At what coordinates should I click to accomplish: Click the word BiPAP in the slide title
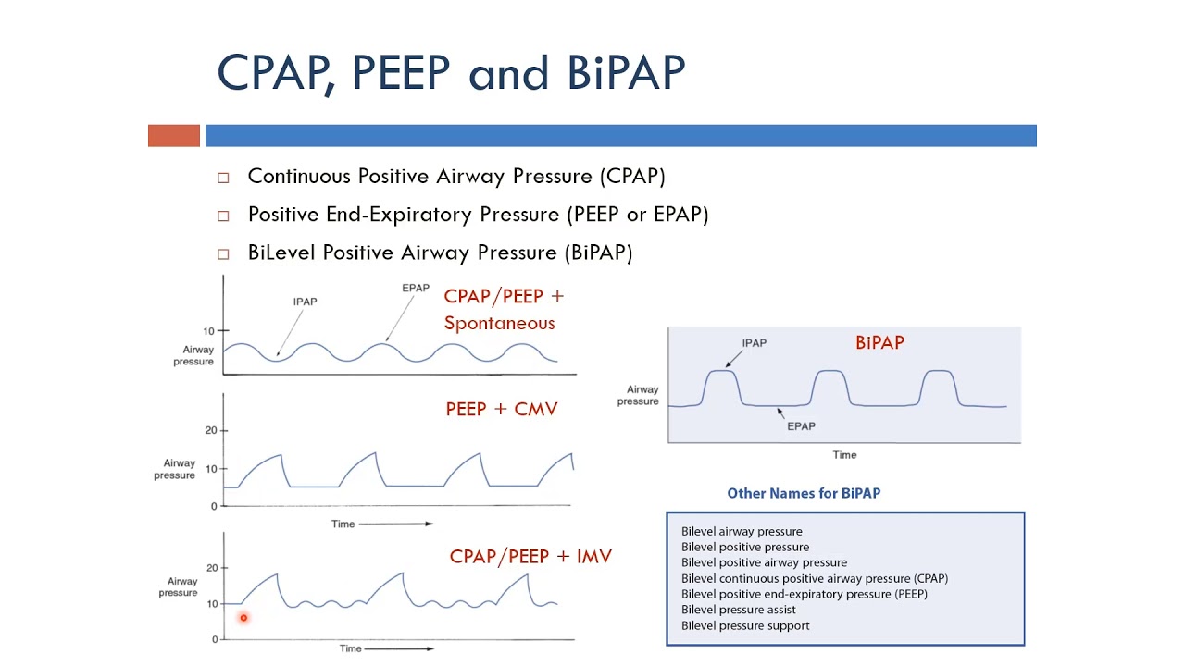click(626, 72)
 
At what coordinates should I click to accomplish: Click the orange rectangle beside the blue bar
click(174, 136)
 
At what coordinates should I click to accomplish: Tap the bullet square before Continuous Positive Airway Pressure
click(223, 178)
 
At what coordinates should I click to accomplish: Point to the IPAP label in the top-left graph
click(306, 302)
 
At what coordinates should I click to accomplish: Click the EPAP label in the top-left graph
click(416, 288)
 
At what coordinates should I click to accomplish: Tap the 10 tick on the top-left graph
click(208, 331)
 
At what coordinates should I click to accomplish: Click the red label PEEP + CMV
click(501, 409)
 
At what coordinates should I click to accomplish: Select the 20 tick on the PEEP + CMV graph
click(210, 431)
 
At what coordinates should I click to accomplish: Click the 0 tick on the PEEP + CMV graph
click(213, 506)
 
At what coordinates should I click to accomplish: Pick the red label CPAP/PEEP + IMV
click(530, 557)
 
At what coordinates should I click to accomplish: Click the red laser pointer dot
click(243, 618)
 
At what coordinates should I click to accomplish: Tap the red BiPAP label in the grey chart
click(879, 342)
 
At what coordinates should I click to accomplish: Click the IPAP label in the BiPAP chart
click(755, 343)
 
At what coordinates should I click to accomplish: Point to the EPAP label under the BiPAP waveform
click(801, 426)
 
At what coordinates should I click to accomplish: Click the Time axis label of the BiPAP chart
click(844, 455)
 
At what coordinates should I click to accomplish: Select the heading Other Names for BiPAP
click(804, 493)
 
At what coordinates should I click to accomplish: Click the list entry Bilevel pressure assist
click(739, 610)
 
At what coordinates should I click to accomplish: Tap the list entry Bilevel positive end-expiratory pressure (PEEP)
click(805, 594)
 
